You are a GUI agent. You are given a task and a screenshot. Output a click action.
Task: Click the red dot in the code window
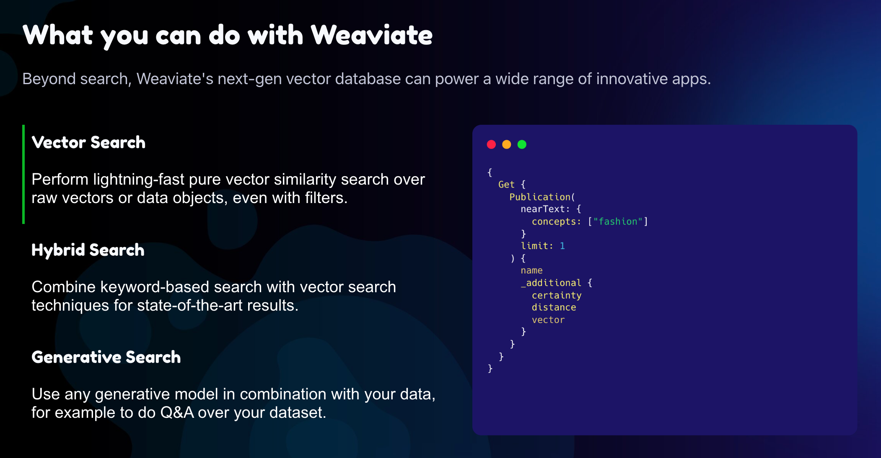coord(491,144)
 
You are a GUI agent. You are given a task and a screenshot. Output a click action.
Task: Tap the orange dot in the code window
coord(507,144)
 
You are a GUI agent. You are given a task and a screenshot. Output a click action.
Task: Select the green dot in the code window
coord(522,144)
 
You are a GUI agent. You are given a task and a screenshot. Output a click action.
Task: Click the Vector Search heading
coord(88,142)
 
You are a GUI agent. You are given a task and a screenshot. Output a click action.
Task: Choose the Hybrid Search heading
coord(88,250)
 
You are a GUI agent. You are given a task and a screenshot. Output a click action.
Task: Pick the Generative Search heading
coord(106,357)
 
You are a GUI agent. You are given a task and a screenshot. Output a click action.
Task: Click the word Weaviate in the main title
coord(372,35)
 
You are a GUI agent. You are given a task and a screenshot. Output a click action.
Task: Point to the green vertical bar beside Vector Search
coord(23,174)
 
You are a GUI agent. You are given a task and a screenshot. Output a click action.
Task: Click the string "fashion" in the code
coord(618,221)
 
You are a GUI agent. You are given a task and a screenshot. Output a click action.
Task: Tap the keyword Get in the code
coord(506,185)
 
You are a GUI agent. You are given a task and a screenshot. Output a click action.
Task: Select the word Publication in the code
coord(540,197)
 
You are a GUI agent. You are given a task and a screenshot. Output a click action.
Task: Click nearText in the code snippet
coord(543,209)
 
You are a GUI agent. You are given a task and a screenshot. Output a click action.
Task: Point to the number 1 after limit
coord(562,246)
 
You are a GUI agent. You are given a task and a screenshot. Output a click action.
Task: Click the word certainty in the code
coord(557,296)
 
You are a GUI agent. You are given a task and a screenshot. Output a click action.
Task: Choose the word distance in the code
coord(554,307)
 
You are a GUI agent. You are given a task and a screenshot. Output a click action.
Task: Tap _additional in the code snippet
coord(551,283)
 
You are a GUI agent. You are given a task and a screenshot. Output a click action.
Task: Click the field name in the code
coord(531,271)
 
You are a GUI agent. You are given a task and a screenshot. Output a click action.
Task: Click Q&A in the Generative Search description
coord(177,413)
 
